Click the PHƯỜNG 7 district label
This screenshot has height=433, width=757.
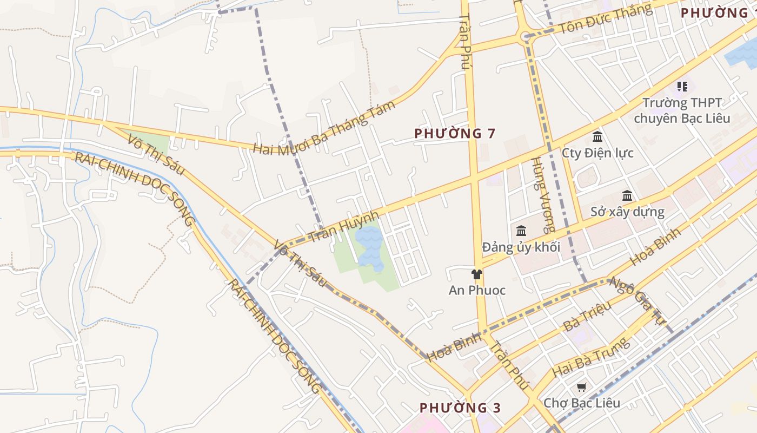455,133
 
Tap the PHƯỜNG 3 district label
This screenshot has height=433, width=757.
461,408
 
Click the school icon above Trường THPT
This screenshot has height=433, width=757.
682,86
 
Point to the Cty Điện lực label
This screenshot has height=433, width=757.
597,153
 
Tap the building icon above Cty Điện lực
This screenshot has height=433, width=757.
597,137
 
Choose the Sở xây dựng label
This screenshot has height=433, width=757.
627,211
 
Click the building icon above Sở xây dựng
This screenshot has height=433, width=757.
627,195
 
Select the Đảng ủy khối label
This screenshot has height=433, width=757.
521,247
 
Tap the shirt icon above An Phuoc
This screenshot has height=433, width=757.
476,274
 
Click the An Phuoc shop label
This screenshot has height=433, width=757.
477,290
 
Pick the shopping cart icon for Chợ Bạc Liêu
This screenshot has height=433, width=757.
581,387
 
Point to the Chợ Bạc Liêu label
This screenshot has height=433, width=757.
582,403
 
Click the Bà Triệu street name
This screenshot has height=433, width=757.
587,316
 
